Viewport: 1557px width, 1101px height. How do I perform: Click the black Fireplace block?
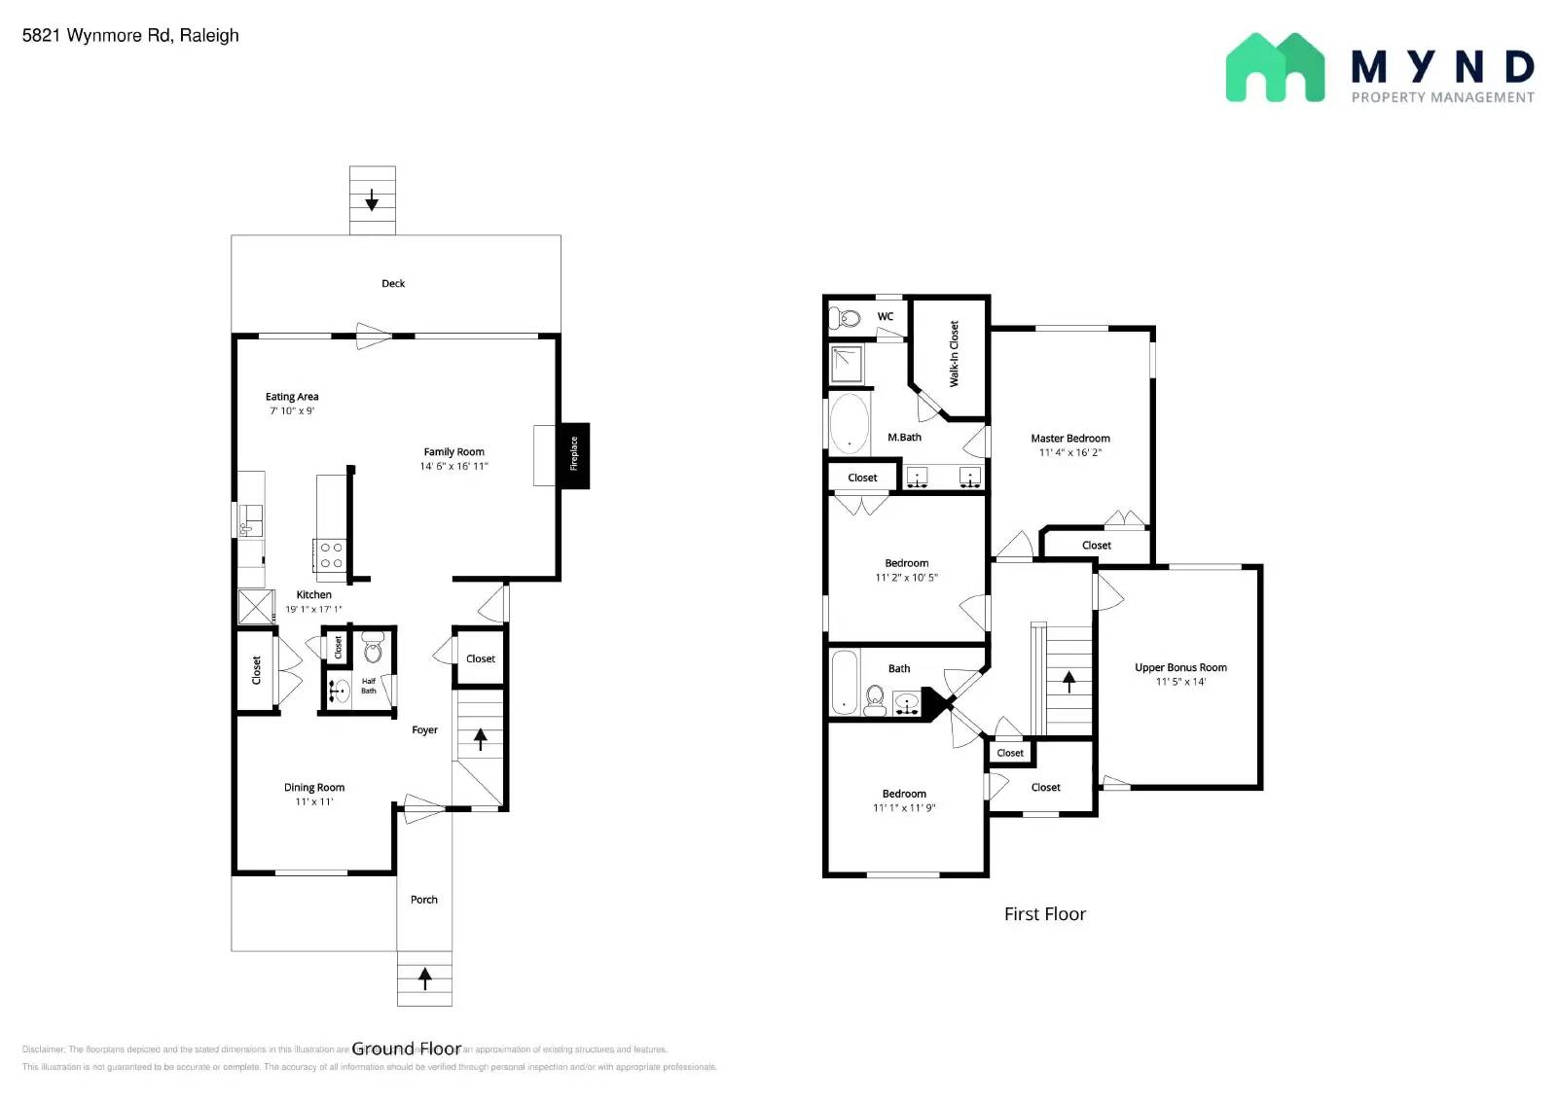tap(574, 455)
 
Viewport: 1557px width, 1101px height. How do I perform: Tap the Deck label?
tap(393, 284)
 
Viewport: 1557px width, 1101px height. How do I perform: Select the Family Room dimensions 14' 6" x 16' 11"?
tap(453, 467)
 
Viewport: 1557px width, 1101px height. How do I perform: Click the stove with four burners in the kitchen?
tap(331, 555)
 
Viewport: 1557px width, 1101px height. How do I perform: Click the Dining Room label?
tap(314, 788)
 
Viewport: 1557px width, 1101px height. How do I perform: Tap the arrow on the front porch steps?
tap(424, 977)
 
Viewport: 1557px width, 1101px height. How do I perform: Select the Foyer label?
tap(424, 730)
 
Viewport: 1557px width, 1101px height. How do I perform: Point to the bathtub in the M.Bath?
tap(850, 424)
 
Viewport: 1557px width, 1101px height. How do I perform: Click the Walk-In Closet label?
tap(954, 354)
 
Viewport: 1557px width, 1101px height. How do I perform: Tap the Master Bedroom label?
tap(1070, 439)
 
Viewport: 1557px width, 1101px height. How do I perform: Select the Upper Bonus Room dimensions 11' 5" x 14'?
tap(1180, 682)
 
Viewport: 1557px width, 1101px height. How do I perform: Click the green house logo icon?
tap(1274, 68)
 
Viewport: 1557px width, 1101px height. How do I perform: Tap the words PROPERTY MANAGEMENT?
tap(1442, 97)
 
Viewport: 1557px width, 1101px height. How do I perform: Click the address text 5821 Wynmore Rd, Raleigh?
tap(130, 36)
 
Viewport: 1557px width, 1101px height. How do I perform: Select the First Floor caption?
tap(1044, 914)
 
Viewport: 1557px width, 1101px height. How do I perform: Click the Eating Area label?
tap(292, 397)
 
